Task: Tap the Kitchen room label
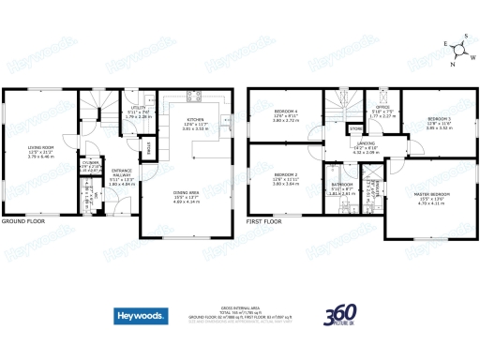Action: [x=195, y=121]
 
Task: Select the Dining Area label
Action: [x=186, y=193]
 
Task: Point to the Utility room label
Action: [x=138, y=109]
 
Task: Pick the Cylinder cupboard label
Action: [x=93, y=163]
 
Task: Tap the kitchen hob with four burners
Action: [x=193, y=97]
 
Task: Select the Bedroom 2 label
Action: [x=285, y=175]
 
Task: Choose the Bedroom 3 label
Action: [x=439, y=119]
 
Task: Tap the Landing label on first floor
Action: [x=365, y=144]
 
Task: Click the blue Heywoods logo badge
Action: [x=140, y=317]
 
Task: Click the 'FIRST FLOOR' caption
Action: [x=264, y=222]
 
